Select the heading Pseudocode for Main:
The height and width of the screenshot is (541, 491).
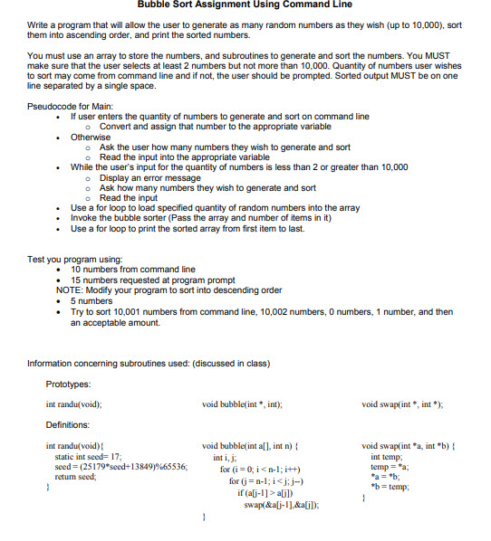[x=67, y=107]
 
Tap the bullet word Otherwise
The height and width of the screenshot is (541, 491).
[x=91, y=137]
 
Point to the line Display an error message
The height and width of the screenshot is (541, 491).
[x=149, y=177]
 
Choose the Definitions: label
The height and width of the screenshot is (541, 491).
[x=67, y=424]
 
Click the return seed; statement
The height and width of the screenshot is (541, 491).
[x=75, y=477]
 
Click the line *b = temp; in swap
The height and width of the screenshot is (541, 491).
[x=390, y=486]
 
